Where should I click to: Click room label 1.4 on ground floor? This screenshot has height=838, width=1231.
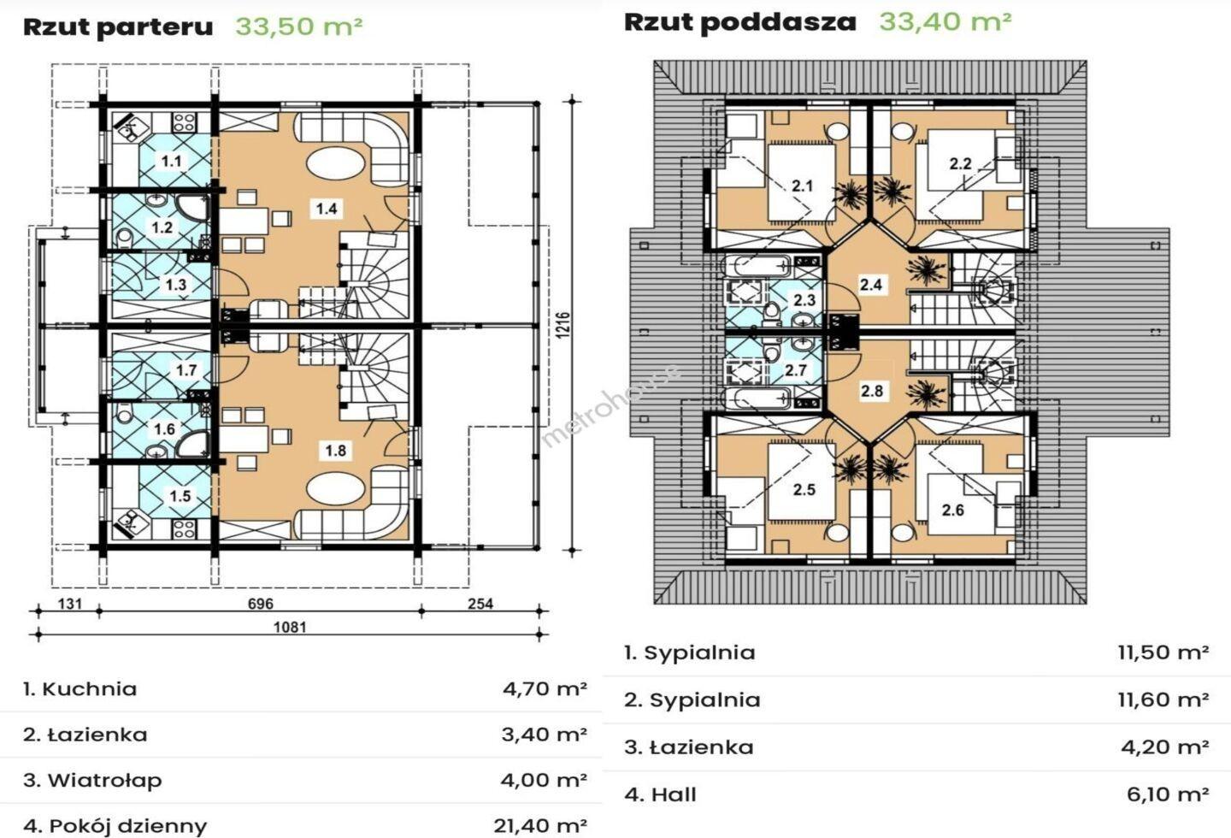327,209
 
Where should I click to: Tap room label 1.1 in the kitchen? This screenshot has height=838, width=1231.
171,161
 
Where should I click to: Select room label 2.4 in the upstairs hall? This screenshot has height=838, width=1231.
871,284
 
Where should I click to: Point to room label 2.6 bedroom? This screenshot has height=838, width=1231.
953,510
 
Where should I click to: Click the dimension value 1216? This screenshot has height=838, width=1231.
566,326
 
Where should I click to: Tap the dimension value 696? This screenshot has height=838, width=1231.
260,604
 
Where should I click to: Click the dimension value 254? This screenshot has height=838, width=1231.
480,604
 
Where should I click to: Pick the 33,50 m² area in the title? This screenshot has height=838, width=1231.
299,26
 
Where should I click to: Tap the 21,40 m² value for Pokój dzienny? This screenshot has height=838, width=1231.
540,825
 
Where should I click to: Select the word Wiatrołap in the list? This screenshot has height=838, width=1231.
104,781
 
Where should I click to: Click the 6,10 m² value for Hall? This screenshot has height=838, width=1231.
1168,794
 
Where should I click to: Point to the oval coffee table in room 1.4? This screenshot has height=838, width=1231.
335,162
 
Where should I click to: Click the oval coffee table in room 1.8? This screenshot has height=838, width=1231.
335,490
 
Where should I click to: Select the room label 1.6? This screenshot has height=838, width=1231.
164,429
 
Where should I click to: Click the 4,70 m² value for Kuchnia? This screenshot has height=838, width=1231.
545,688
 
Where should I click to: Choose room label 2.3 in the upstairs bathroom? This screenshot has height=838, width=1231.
804,300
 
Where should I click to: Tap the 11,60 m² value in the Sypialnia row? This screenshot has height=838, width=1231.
1163,699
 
